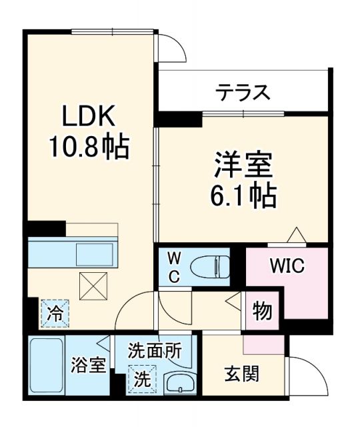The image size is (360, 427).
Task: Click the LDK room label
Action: [90, 117]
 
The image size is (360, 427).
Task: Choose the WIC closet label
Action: [287, 266]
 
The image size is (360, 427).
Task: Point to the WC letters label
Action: [172, 268]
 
